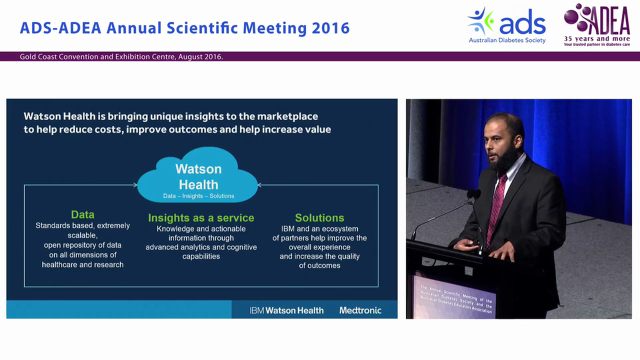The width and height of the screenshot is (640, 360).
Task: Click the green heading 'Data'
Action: (82, 214)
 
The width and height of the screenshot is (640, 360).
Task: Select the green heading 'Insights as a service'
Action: (201, 218)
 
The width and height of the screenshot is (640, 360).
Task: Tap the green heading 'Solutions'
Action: (319, 218)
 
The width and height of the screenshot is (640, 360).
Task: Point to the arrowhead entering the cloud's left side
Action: (135, 185)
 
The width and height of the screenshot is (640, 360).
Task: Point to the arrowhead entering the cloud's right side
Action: (260, 185)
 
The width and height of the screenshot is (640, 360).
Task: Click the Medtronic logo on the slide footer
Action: (360, 310)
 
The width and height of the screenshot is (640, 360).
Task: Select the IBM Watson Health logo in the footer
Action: (286, 310)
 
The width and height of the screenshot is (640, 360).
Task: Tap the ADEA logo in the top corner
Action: (596, 25)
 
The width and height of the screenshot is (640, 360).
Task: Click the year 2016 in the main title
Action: (330, 28)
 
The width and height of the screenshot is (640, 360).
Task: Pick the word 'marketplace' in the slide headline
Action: (287, 116)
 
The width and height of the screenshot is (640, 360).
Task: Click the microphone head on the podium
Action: (472, 194)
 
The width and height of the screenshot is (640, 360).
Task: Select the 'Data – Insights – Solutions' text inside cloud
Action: (198, 196)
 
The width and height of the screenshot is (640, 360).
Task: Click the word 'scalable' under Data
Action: (82, 235)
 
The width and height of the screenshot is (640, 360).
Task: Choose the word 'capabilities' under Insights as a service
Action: (201, 256)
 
